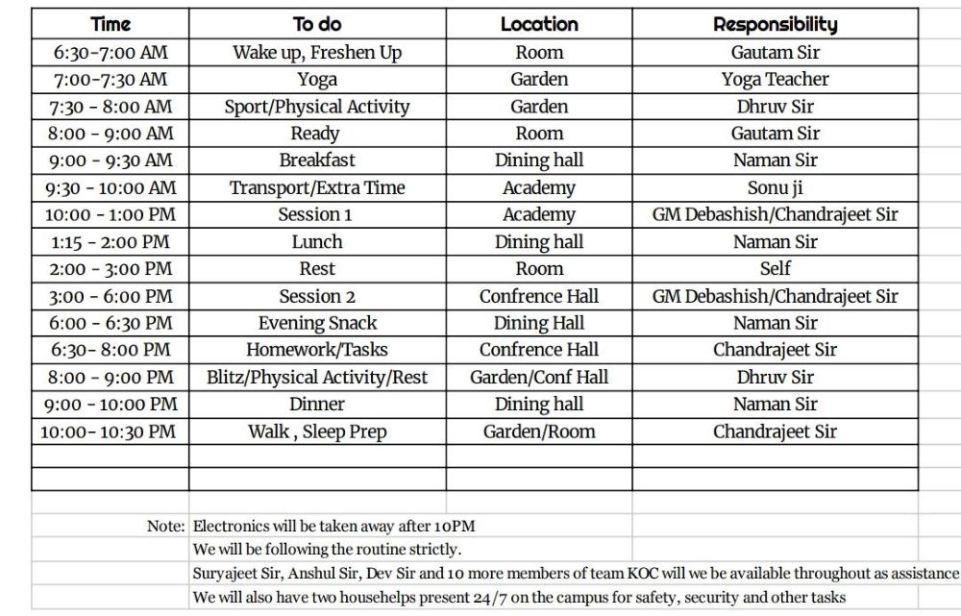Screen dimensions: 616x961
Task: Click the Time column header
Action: pos(110,24)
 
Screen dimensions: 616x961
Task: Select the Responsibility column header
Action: pos(775,24)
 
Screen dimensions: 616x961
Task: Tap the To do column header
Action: pos(317,24)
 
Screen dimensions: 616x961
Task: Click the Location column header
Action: pos(539,24)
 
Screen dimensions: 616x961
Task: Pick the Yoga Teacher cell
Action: pos(775,80)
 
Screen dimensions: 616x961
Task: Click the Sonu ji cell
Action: pos(775,187)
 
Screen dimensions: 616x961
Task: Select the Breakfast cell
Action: pos(317,160)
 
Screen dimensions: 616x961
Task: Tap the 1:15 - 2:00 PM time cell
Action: pos(110,242)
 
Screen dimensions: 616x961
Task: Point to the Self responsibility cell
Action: pos(775,269)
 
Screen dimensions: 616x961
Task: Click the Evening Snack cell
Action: pos(317,323)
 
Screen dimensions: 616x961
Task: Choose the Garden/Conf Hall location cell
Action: pos(539,378)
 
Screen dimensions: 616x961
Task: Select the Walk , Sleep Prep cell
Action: pos(317,431)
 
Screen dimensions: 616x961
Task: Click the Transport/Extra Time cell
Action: pos(317,187)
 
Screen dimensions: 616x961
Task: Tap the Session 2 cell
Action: pos(317,296)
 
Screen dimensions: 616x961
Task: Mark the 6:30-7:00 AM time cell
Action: pos(110,53)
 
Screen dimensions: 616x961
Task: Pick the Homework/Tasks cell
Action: pos(317,350)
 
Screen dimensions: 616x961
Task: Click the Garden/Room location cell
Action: pos(539,431)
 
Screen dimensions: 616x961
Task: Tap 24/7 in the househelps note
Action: pos(496,598)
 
